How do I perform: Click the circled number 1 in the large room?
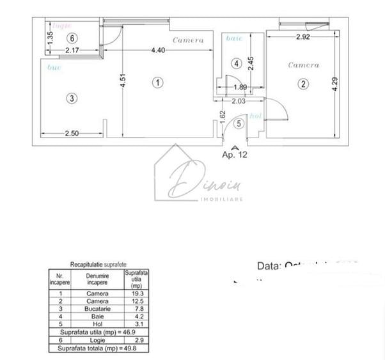(157, 82)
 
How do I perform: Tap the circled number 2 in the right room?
(303, 82)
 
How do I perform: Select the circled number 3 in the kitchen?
(72, 98)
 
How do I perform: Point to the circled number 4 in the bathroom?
(237, 63)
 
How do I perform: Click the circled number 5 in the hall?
(239, 123)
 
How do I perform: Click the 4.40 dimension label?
(159, 51)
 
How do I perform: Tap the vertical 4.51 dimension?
(113, 82)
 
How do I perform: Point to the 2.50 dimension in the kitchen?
(72, 133)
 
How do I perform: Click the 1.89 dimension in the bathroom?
(240, 87)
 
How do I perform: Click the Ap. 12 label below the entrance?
(234, 154)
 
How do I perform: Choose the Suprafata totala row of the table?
(99, 348)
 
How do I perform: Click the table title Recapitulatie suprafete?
(98, 264)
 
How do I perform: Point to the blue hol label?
(255, 116)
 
